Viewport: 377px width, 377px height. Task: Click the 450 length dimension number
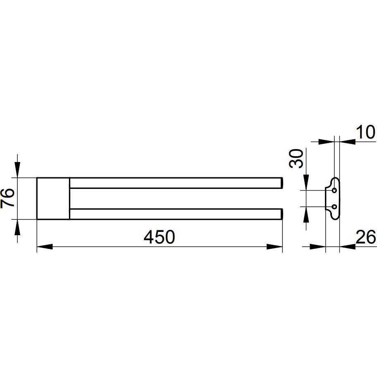click(159, 237)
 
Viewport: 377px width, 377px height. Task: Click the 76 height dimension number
click(7, 198)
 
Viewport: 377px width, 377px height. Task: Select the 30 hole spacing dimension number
click(296, 158)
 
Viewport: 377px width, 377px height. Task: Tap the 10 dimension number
click(365, 132)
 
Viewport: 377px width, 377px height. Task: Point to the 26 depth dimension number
click(365, 237)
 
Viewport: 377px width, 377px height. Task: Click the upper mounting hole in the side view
click(334, 191)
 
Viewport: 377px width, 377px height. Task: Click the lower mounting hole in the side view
click(334, 207)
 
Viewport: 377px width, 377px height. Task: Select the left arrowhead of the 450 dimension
click(45, 247)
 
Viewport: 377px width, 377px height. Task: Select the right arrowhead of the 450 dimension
click(274, 247)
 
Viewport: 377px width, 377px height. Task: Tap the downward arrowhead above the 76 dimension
click(17, 170)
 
